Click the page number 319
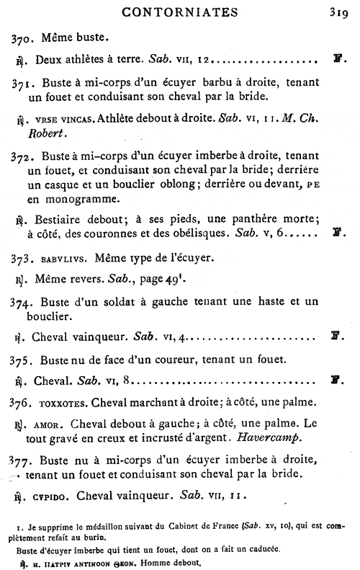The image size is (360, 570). (338, 11)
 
